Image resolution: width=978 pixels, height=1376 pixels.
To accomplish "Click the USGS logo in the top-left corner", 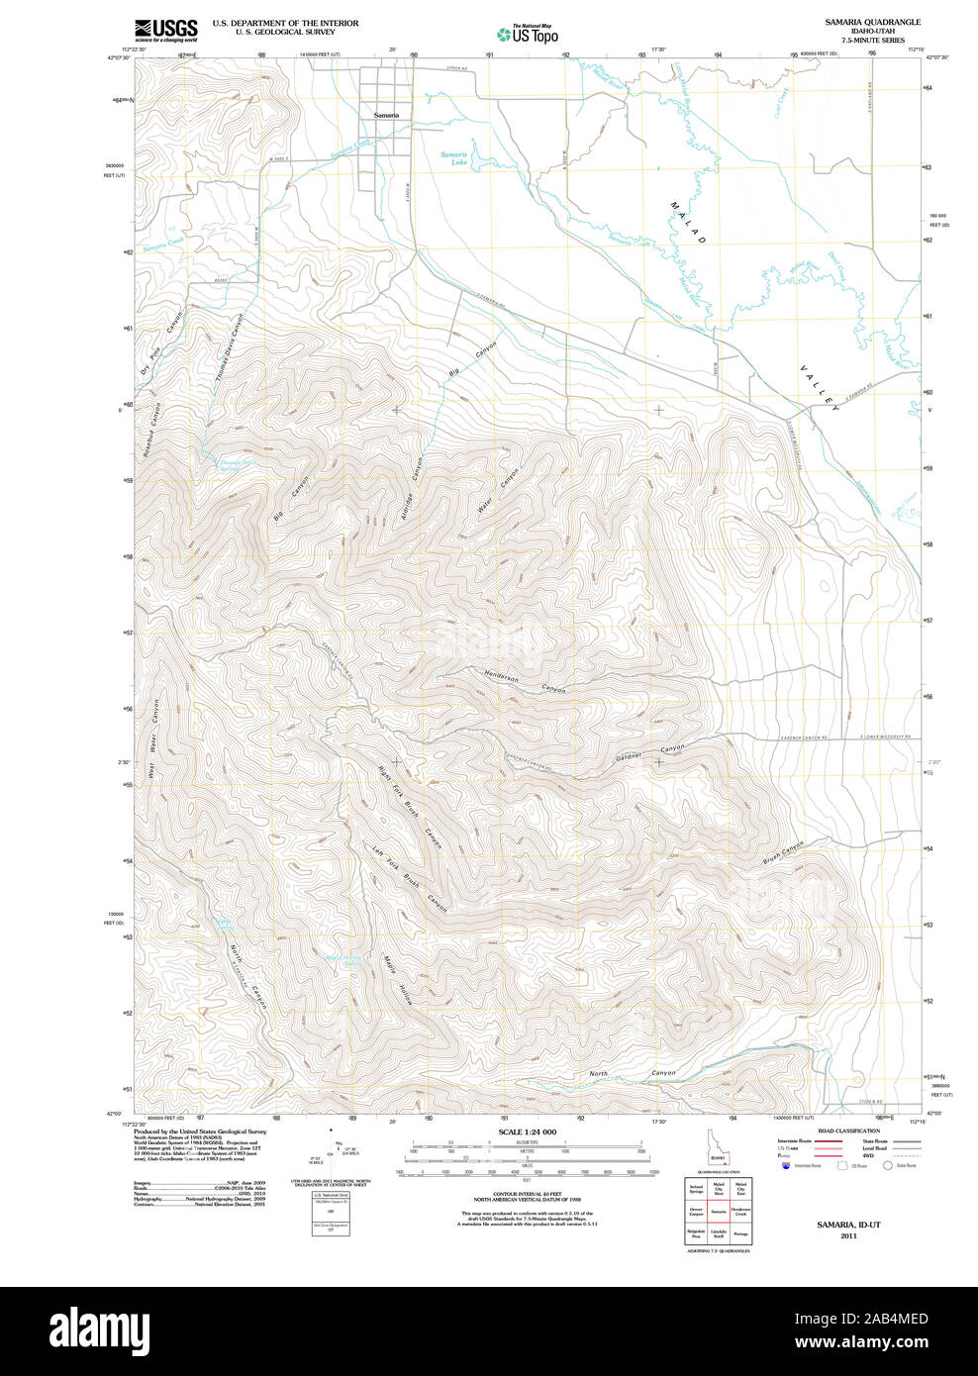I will [x=165, y=30].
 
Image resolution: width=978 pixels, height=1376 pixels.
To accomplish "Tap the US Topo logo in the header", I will [x=529, y=35].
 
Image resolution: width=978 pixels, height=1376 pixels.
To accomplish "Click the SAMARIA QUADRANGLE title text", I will [x=872, y=22].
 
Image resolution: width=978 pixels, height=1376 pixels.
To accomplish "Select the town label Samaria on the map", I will [x=386, y=116].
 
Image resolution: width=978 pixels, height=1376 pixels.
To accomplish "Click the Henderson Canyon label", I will [x=525, y=682].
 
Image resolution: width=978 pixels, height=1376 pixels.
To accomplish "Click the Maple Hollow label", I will [x=397, y=980].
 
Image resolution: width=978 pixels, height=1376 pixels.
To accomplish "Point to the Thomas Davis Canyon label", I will [x=229, y=348].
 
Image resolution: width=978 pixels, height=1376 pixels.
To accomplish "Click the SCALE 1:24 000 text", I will [x=527, y=1131].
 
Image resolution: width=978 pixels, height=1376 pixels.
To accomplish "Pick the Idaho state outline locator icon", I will [x=717, y=1150].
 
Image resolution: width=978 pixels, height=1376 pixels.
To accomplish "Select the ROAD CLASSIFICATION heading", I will [x=848, y=1130].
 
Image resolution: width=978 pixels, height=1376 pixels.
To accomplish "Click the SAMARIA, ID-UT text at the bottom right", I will [x=848, y=1225].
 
